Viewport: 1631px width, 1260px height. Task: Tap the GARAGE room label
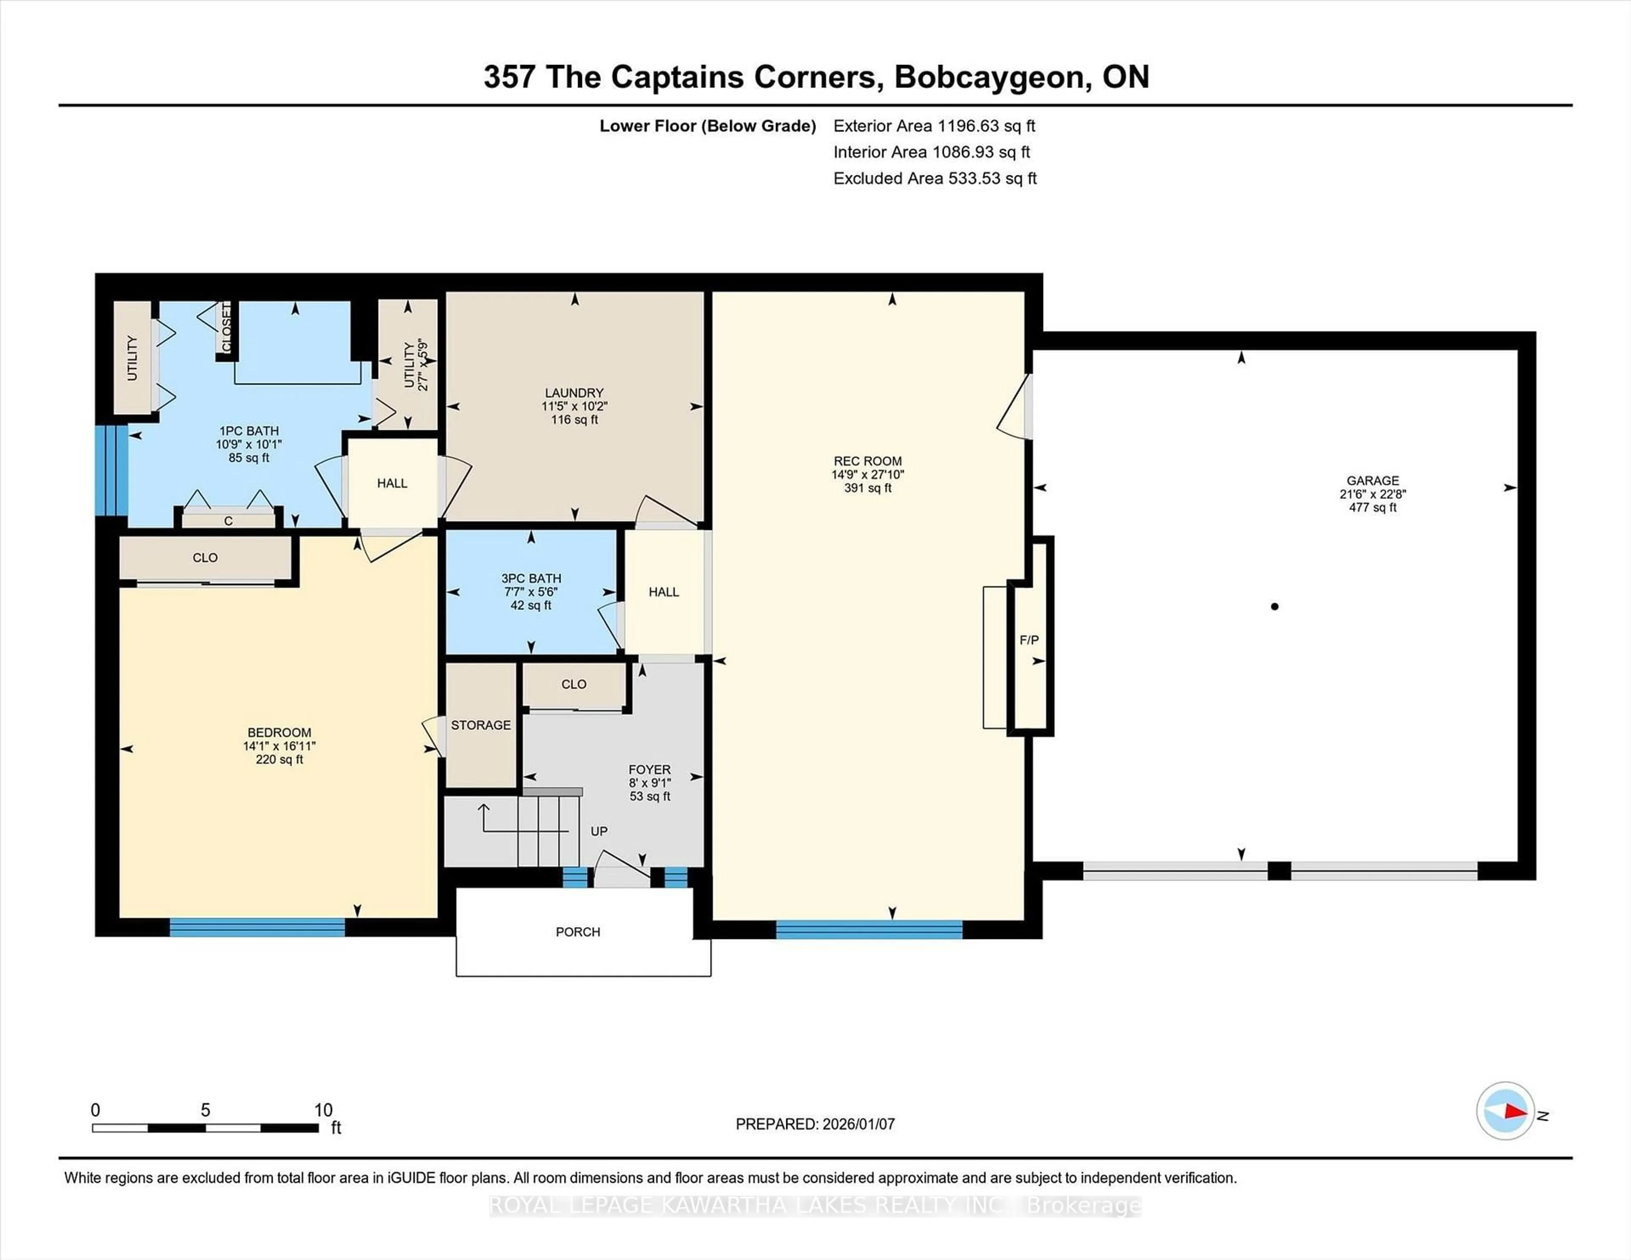click(x=1373, y=481)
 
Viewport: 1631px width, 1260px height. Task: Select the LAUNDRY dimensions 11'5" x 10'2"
click(x=574, y=406)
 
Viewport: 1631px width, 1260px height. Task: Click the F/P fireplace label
click(x=1029, y=640)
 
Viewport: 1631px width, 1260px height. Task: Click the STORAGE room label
click(x=481, y=725)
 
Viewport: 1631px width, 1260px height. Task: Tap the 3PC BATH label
click(x=531, y=578)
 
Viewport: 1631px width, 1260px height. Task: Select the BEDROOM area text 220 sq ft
click(x=279, y=759)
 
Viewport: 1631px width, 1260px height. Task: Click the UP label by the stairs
click(x=599, y=831)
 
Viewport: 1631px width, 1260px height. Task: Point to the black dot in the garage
click(x=1275, y=606)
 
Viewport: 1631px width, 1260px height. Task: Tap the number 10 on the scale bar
click(x=323, y=1110)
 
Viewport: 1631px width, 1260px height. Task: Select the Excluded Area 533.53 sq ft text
click(x=935, y=178)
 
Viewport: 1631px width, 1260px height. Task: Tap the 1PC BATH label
click(x=248, y=431)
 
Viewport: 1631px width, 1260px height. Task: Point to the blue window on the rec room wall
click(x=869, y=929)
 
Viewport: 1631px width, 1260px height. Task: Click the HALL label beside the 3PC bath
click(x=663, y=592)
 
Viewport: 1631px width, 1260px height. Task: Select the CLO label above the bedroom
click(x=205, y=557)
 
